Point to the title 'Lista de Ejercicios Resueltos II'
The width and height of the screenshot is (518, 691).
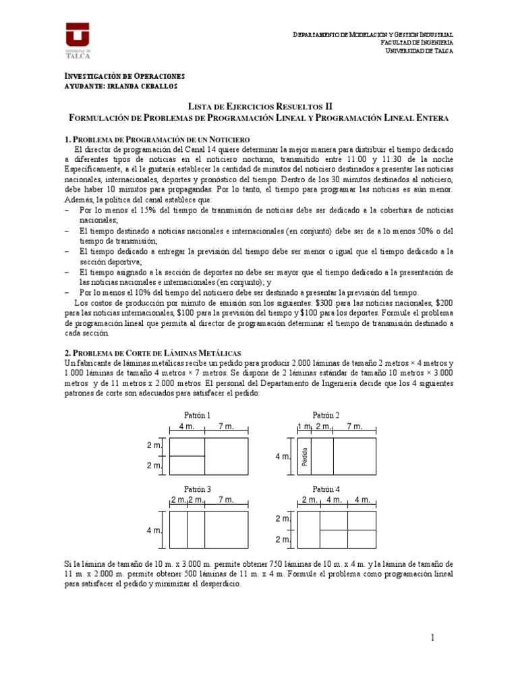(259, 107)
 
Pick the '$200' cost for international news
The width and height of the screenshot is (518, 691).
(446, 303)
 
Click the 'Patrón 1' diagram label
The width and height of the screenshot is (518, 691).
(197, 415)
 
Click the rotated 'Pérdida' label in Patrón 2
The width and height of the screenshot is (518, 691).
(305, 456)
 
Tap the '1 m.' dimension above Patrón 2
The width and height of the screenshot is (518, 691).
(304, 426)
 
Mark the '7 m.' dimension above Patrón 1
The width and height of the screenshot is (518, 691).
(227, 426)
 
